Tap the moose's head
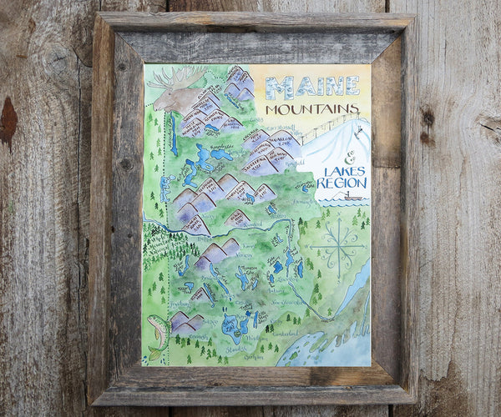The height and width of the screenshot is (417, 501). (172, 98)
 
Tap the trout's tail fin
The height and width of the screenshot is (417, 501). (154, 355)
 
